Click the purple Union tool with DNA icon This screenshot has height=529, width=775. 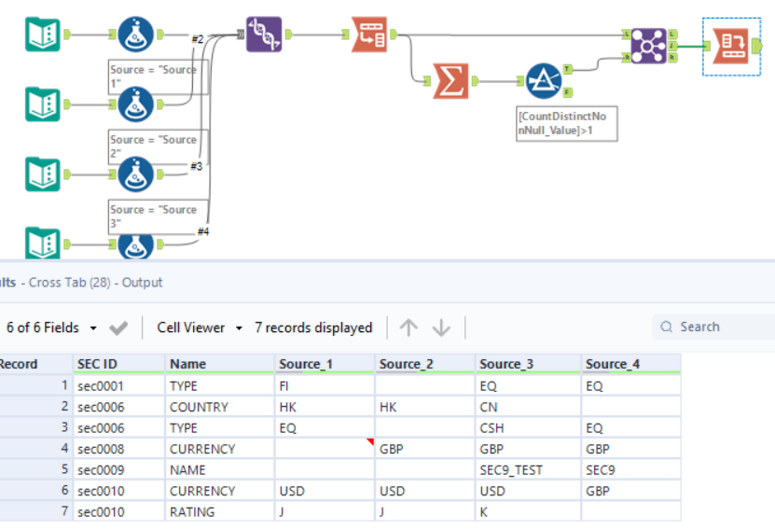[264, 35]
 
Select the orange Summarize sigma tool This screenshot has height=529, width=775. [451, 81]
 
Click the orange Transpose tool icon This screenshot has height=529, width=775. [369, 35]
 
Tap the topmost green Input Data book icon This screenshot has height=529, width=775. [43, 35]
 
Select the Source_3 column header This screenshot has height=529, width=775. [503, 364]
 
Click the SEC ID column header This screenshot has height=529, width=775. [98, 364]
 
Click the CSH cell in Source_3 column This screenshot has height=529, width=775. [491, 427]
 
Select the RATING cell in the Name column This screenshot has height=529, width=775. [192, 511]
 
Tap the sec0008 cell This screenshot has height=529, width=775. [100, 449]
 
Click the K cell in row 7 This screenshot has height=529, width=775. [484, 511]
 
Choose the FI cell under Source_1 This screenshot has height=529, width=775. [284, 385]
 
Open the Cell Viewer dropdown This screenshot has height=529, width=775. [199, 327]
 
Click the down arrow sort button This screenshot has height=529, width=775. [442, 327]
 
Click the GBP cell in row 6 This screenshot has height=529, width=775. [599, 491]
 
